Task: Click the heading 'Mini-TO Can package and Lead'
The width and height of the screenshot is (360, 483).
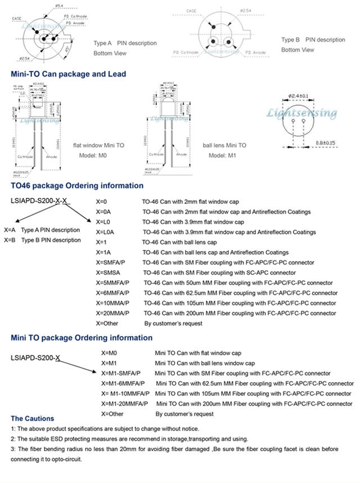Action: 69,74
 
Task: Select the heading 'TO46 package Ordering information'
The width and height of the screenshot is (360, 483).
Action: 77,186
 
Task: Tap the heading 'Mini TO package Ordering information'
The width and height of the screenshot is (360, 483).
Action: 82,338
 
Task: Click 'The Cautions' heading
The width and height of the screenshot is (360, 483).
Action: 33,418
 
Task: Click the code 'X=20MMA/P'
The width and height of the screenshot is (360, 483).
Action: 112,313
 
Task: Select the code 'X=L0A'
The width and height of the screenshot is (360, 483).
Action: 105,232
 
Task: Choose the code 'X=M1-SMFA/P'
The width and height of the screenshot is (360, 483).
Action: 121,373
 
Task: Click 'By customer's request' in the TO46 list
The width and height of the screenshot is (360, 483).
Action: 173,323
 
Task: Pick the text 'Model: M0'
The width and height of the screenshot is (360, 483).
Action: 94,155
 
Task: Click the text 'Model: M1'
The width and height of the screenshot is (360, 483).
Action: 220,155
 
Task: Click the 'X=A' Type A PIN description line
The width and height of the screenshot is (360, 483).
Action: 42,230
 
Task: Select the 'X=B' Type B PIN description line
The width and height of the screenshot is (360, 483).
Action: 42,240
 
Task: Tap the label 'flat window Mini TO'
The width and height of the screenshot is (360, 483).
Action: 99,145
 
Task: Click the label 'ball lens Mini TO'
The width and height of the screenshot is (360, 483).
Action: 224,145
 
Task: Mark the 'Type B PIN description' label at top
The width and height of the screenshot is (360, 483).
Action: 313,40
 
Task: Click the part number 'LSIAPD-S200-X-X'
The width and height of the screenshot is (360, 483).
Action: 39,201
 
